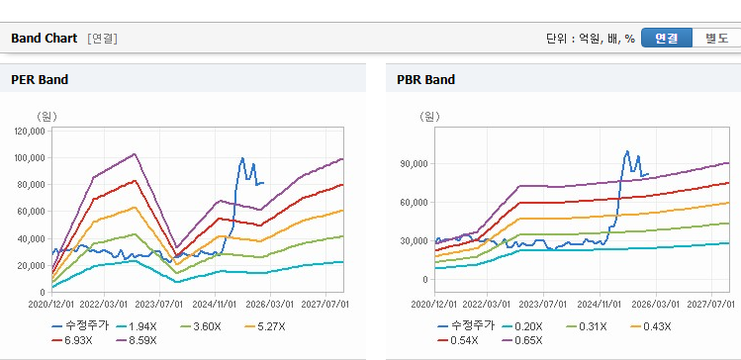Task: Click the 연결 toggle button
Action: pyautogui.click(x=667, y=39)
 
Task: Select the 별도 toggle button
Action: pyautogui.click(x=716, y=39)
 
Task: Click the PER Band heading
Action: pyautogui.click(x=40, y=80)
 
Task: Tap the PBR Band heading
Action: pyautogui.click(x=425, y=80)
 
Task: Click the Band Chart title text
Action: pyautogui.click(x=44, y=39)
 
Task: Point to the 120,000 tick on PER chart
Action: pyautogui.click(x=30, y=131)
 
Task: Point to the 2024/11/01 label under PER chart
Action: pyautogui.click(x=215, y=304)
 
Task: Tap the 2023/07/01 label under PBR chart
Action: pyautogui.click(x=543, y=304)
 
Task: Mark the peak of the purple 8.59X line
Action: pyautogui.click(x=135, y=153)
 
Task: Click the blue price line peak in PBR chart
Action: pyautogui.click(x=627, y=151)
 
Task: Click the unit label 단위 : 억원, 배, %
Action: pyautogui.click(x=591, y=39)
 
